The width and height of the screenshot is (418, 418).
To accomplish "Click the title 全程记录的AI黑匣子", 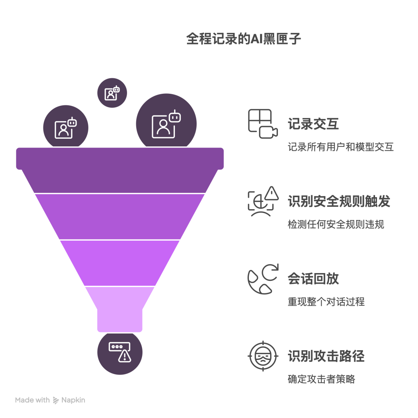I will [x=243, y=39].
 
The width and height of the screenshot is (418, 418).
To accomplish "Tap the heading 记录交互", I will [x=313, y=124].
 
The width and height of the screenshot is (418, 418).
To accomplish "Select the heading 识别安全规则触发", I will [x=339, y=201].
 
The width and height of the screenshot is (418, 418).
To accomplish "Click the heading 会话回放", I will [x=313, y=279].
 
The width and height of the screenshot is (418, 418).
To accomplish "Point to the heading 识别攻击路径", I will [x=326, y=356].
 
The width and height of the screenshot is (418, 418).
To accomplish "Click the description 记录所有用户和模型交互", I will [x=341, y=147].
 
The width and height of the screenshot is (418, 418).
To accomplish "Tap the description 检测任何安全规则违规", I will [x=336, y=224].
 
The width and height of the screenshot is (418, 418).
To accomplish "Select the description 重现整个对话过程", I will [x=326, y=301].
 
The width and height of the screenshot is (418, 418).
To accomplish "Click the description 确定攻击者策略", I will [x=321, y=379].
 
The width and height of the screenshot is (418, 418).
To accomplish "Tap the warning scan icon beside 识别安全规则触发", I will [x=263, y=201].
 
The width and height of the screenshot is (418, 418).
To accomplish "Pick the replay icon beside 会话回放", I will [x=263, y=279].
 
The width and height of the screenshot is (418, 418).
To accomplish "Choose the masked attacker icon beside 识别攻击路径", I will [x=263, y=356].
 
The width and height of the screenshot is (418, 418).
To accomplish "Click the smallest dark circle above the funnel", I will [x=112, y=93].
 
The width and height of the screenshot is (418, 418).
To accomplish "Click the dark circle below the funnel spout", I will [x=120, y=353].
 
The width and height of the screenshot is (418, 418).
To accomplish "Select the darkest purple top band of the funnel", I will [x=120, y=170].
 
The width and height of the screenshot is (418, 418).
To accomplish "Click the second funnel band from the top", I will [x=120, y=216].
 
